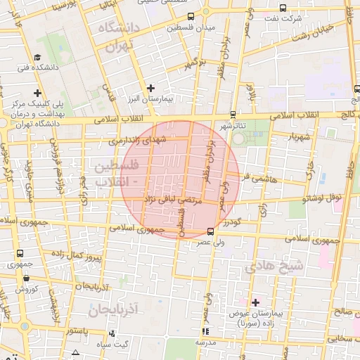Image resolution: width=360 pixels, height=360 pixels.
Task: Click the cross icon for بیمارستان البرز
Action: pyautogui.click(x=150, y=88)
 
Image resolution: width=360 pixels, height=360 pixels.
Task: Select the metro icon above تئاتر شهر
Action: pyautogui.click(x=233, y=115)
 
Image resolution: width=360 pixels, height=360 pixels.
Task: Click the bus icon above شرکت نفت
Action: pyautogui.click(x=282, y=9)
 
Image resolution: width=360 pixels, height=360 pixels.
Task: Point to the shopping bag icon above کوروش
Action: pyautogui.click(x=25, y=278)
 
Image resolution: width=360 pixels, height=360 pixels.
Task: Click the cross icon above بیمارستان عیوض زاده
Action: pyautogui.click(x=255, y=301)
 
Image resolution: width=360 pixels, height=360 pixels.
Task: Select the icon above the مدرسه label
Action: pyautogui.click(x=205, y=331)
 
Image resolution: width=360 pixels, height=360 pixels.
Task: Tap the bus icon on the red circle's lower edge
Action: pyautogui.click(x=210, y=231)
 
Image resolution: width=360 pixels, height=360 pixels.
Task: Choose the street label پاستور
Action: pyautogui.click(x=75, y=330)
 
